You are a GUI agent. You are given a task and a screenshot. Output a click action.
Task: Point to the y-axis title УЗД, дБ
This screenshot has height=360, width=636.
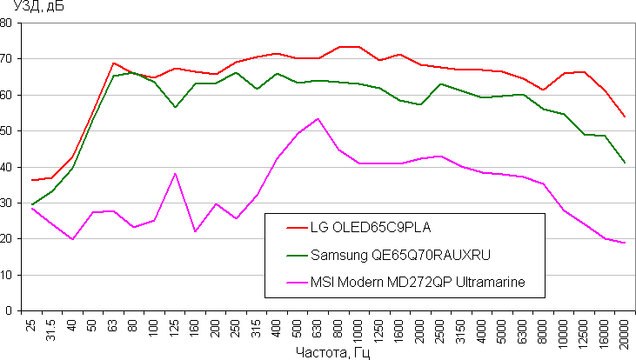[x=28, y=8]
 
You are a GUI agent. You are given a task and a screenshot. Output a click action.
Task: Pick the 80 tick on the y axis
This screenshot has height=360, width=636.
[x=9, y=23]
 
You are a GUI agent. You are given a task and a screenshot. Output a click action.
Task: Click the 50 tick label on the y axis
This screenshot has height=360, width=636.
[x=9, y=130]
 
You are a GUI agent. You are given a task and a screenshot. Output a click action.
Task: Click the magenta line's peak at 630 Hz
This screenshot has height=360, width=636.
[x=318, y=118]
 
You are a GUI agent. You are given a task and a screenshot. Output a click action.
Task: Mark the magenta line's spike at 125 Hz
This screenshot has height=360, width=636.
[x=175, y=173]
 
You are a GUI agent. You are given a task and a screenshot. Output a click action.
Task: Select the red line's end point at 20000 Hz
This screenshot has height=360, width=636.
[x=625, y=117]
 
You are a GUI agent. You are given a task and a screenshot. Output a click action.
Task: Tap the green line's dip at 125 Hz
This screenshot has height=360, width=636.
[x=175, y=107]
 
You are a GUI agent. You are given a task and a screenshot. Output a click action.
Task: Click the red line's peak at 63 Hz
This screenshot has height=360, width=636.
[x=113, y=63]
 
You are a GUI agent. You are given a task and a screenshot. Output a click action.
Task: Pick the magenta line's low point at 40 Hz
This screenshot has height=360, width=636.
[x=72, y=239]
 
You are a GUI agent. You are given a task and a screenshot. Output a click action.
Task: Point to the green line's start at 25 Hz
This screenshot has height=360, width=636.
[x=31, y=204]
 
